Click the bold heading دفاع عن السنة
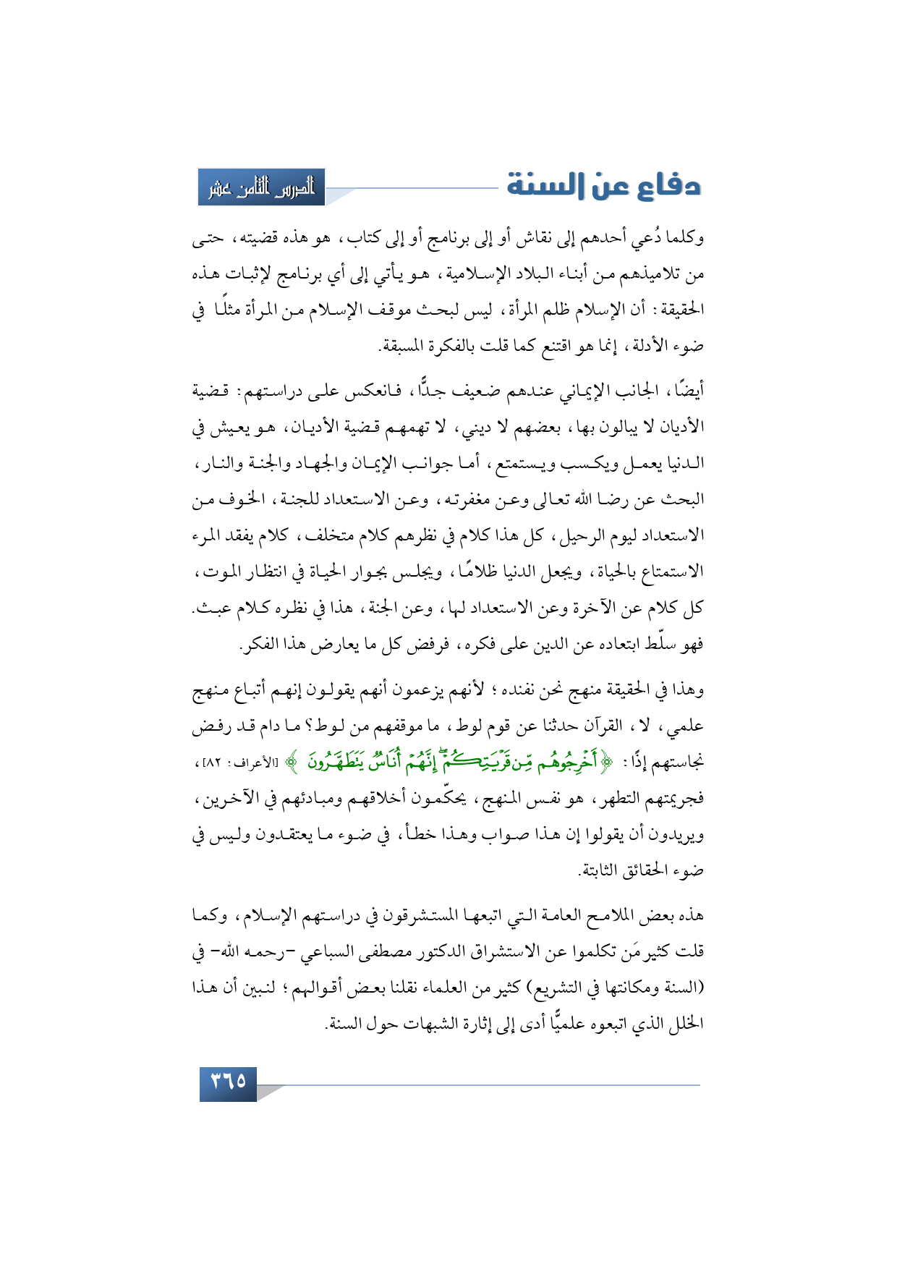pos(603,185)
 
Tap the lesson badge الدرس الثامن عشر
pos(262,187)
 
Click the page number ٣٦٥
pos(228,1082)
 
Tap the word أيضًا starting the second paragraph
pos(688,391)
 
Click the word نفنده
pos(516,690)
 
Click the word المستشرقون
pos(428,916)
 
